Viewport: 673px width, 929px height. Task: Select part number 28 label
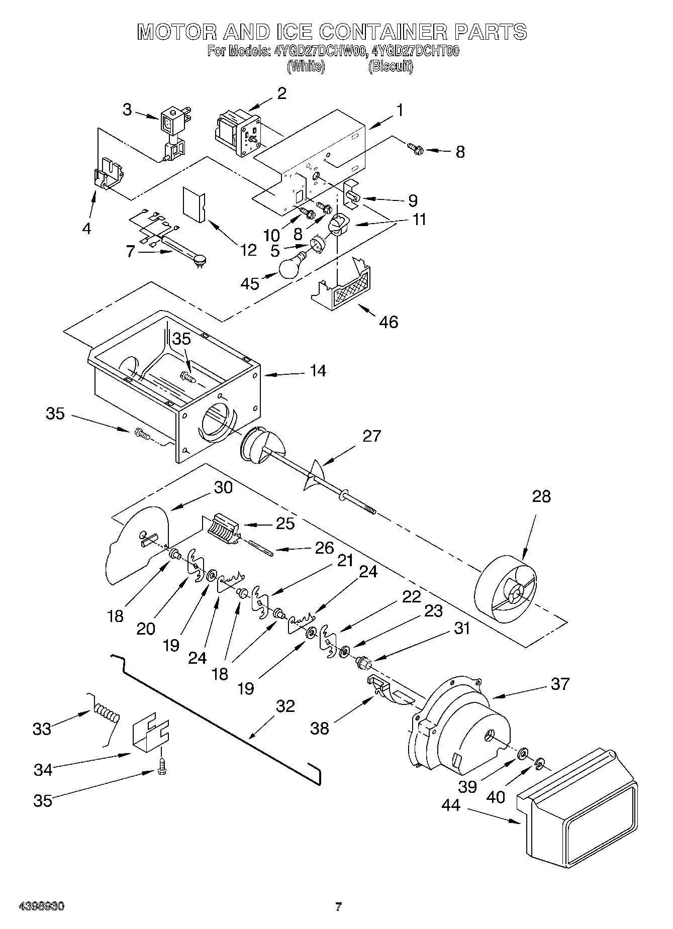[x=541, y=496]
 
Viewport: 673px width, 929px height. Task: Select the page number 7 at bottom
[x=338, y=907]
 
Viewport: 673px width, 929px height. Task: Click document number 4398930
[x=41, y=907]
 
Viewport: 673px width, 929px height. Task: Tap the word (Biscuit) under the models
[x=391, y=66]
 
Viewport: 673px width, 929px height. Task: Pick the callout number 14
[x=318, y=371]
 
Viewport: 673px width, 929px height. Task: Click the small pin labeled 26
[x=260, y=548]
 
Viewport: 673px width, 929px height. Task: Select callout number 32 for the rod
[x=285, y=706]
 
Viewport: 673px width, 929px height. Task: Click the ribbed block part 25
[x=222, y=529]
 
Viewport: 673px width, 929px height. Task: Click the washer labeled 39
[x=522, y=752]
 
